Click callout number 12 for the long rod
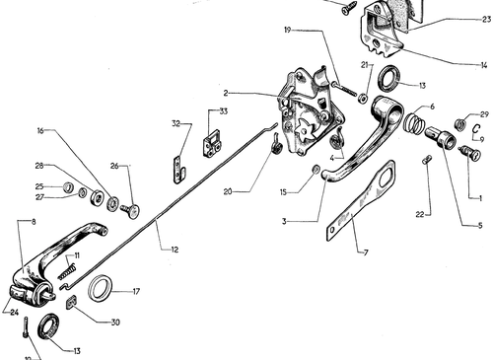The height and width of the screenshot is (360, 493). point(175,250)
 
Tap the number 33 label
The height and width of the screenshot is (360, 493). point(223,111)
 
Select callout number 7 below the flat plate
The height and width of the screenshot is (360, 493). point(366,252)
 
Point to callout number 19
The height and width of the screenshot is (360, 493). point(288,31)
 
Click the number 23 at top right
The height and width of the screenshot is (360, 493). point(486,20)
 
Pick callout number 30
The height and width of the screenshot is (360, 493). point(115,323)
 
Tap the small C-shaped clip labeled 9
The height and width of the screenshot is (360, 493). point(476,128)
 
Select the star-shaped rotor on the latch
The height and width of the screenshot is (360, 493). point(305,130)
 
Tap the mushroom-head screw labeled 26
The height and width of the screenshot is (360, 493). point(130,210)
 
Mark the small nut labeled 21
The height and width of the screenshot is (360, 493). point(363,99)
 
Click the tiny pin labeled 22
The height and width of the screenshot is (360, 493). point(426,160)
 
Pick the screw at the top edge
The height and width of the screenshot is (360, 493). point(350,8)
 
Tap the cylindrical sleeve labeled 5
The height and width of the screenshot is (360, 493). point(441,137)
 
